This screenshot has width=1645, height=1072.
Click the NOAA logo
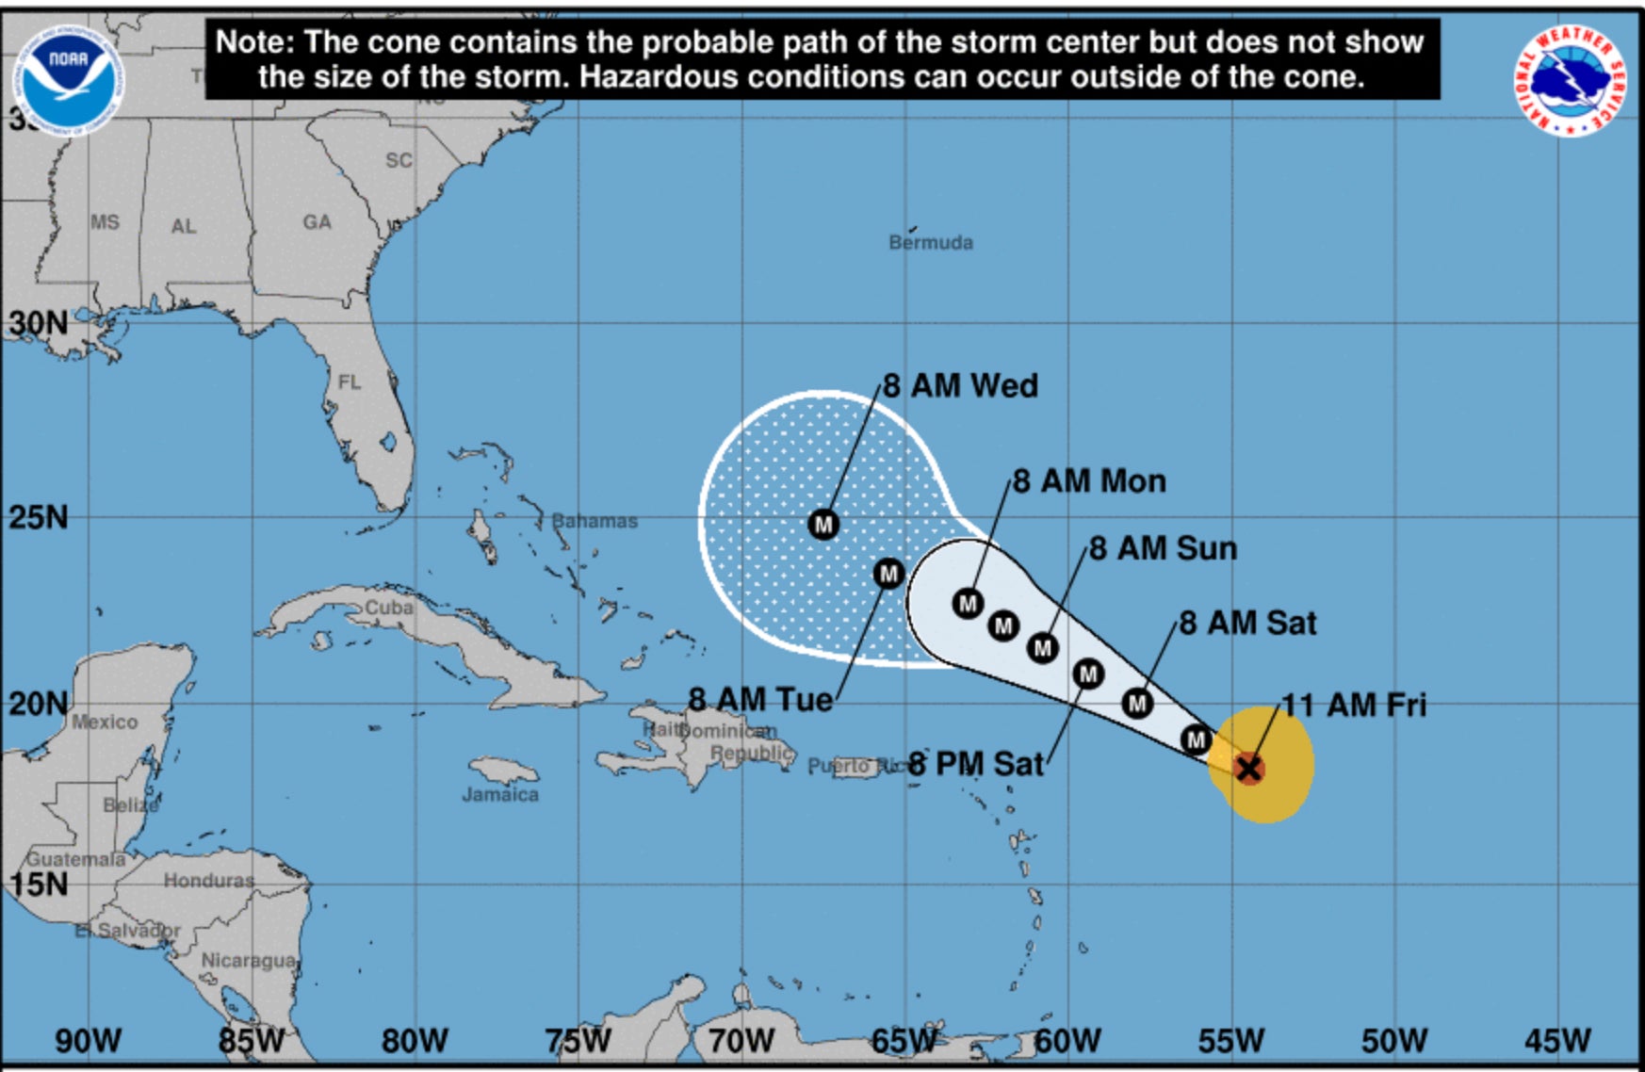click(x=68, y=80)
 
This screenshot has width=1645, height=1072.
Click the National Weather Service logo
click(x=1570, y=80)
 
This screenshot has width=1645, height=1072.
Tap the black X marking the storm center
click(x=1248, y=769)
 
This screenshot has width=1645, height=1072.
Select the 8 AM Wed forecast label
click(x=960, y=386)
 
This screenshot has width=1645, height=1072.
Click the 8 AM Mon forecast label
click(x=1089, y=481)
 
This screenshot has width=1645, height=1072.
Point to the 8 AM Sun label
click(x=1163, y=548)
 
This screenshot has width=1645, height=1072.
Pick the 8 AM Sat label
click(x=1247, y=623)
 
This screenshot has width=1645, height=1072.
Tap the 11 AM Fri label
click(x=1354, y=705)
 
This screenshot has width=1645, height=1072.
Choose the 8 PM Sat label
click(x=976, y=763)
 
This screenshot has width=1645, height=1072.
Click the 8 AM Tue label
click(x=760, y=700)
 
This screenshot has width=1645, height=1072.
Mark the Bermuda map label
click(x=931, y=242)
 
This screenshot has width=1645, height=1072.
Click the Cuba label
click(x=389, y=608)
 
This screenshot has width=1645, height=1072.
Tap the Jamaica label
click(x=500, y=794)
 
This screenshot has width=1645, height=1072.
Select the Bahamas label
click(x=594, y=520)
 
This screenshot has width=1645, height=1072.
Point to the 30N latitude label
click(x=39, y=323)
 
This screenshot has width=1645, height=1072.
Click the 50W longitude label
click(x=1393, y=1041)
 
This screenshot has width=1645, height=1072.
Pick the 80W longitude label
click(x=415, y=1041)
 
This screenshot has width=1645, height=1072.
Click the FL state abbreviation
click(x=350, y=382)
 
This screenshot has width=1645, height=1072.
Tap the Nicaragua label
click(x=249, y=960)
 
